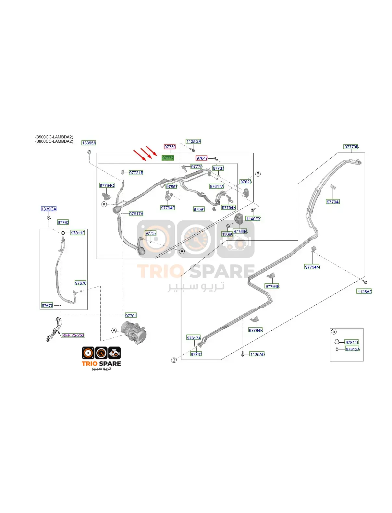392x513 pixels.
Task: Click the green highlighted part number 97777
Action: [168, 158]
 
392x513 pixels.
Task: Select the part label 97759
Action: [170, 147]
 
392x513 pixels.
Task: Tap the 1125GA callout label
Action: [193, 141]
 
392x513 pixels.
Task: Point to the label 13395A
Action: [89, 143]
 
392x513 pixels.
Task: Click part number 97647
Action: [202, 158]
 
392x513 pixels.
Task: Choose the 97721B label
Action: [136, 173]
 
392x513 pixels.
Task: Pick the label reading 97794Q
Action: [107, 185]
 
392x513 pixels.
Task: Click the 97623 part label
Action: [246, 182]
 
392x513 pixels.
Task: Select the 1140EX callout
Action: [253, 219]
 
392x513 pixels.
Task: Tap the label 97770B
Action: [351, 147]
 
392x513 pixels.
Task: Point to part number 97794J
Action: [333, 202]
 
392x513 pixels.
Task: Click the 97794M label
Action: [312, 267]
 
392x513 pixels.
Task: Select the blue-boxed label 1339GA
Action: [49, 209]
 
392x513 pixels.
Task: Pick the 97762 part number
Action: [63, 222]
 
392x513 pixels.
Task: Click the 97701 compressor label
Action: [131, 316]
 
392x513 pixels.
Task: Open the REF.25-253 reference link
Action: [73, 335]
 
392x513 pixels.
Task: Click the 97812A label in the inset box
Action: [352, 349]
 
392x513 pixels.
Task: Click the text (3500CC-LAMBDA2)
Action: [54, 137]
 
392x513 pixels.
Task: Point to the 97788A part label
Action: [240, 231]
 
